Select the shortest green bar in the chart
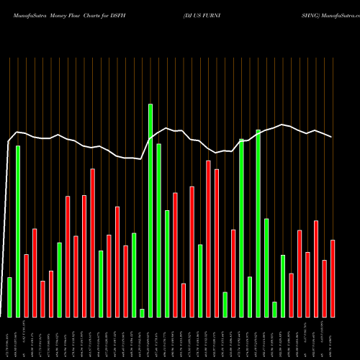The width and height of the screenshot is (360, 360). [142, 312]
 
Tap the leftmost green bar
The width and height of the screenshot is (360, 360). [9, 297]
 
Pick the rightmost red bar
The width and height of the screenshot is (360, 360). [333, 278]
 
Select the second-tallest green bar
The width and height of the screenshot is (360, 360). [258, 223]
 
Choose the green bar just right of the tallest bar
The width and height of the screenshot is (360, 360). [158, 230]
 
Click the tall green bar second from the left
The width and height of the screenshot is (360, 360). [18, 231]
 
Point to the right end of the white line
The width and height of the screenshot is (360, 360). [332, 137]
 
